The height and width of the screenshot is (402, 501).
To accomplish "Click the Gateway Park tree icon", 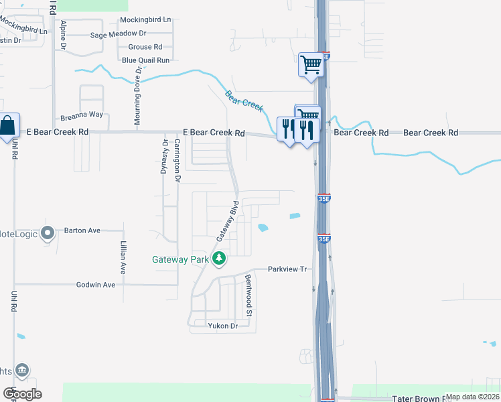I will [218, 258].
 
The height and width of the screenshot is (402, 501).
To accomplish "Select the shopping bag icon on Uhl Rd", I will [8, 125].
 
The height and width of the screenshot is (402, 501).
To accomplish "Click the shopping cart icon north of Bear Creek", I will [311, 66].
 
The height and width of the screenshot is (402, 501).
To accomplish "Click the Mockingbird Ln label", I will [145, 21].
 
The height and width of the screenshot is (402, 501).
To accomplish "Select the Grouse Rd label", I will [145, 47].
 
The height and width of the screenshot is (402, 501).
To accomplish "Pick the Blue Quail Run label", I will [145, 60].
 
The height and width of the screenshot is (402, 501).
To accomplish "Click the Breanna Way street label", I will [82, 115].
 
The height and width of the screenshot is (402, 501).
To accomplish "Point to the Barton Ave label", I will [82, 230].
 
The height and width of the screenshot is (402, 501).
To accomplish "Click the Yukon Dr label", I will [223, 326].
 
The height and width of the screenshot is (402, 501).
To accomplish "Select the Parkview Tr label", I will [287, 269].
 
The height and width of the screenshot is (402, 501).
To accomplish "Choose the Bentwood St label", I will [248, 295].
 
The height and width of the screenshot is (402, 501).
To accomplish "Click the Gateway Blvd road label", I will [227, 221].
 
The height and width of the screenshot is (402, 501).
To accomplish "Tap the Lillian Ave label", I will [123, 258].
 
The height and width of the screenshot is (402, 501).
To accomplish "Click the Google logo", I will [21, 394].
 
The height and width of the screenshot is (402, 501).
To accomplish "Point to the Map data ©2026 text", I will [472, 397].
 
